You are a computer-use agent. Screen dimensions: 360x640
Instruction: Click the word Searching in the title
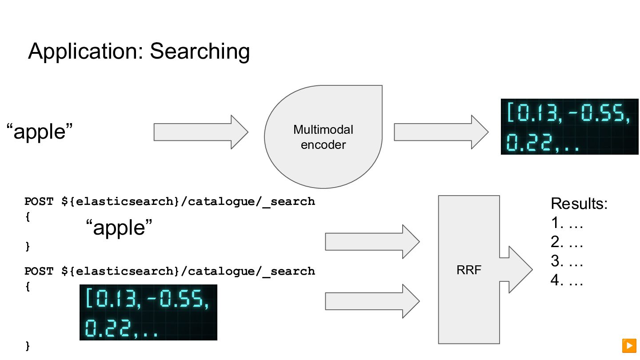[200, 52]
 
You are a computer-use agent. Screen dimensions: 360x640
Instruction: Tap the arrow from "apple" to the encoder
[200, 132]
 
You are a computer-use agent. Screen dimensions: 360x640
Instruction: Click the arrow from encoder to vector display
[440, 132]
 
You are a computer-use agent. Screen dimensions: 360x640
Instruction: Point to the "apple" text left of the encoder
[39, 132]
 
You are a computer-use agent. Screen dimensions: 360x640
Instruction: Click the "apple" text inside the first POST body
[119, 228]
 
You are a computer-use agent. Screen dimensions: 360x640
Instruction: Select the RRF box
[468, 269]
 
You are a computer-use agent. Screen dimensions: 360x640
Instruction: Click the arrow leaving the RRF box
[516, 269]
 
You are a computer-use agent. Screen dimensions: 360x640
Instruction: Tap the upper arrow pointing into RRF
[372, 241]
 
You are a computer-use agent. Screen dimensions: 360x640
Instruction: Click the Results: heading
[579, 204]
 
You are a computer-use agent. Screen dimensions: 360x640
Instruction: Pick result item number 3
[567, 261]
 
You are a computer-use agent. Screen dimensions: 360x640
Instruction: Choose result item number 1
[567, 223]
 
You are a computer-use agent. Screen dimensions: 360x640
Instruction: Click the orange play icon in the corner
[629, 345]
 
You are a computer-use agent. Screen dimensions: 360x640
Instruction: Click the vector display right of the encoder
[569, 126]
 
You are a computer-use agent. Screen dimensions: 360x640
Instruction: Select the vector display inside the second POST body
[148, 312]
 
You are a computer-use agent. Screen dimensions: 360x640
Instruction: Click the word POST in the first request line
[39, 201]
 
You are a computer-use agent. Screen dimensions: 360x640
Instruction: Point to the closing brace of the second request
[28, 345]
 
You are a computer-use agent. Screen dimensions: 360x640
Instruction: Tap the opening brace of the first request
[28, 218]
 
